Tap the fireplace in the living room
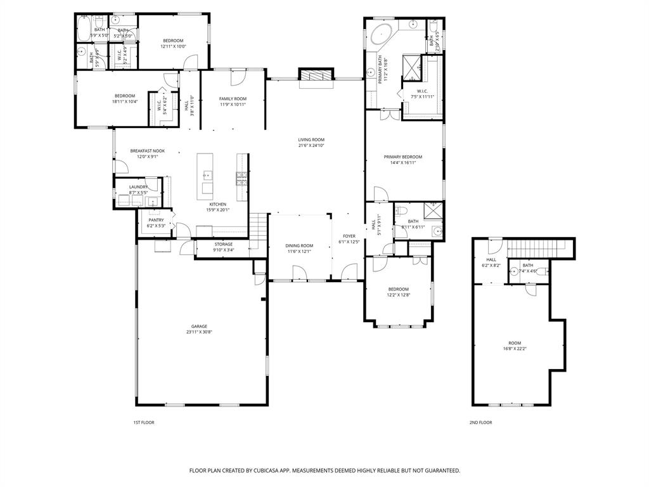[315, 75]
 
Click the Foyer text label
[349, 236]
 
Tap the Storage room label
[223, 244]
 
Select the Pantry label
[156, 220]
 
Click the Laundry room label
[138, 187]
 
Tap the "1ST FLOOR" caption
[143, 422]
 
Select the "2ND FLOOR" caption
[480, 422]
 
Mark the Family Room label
[233, 99]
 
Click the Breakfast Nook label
[148, 151]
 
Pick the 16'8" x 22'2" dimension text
[515, 348]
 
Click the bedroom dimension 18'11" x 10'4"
[125, 101]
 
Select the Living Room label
[311, 140]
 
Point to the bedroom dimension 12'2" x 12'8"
[399, 295]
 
